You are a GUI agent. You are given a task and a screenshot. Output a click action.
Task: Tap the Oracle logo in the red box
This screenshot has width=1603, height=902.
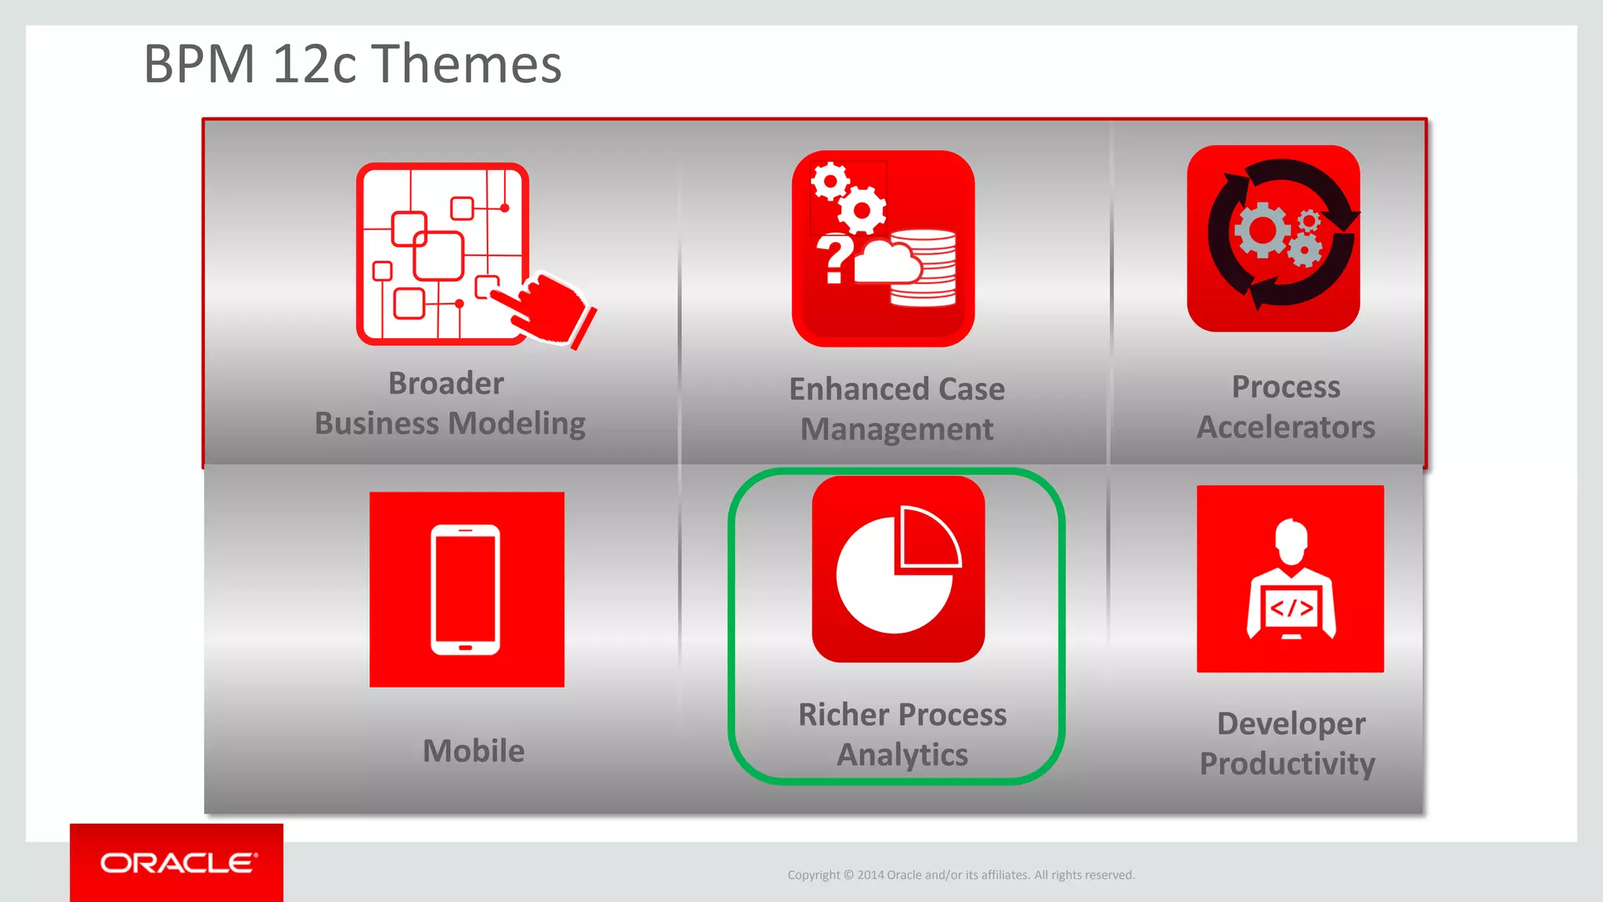pyautogui.click(x=178, y=863)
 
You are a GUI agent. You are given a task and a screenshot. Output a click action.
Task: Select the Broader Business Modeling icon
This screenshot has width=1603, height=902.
pyautogui.click(x=442, y=254)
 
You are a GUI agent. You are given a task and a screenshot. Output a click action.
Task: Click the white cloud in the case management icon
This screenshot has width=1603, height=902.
pyautogui.click(x=888, y=262)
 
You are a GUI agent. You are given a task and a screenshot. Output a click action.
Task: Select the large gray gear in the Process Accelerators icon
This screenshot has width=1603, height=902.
pyautogui.click(x=1261, y=230)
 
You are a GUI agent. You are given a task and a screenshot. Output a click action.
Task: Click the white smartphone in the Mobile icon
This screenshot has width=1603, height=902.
pyautogui.click(x=466, y=590)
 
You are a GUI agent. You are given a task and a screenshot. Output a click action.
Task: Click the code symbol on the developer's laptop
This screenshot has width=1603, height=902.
pyautogui.click(x=1291, y=608)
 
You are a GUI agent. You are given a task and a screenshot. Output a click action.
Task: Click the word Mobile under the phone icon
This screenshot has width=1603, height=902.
pyautogui.click(x=474, y=751)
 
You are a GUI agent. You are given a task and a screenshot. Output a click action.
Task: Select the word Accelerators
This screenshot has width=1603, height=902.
pyautogui.click(x=1286, y=428)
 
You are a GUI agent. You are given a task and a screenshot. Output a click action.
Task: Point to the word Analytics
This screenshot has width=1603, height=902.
pyautogui.click(x=902, y=755)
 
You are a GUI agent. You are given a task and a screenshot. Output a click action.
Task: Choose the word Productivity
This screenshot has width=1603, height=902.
pyautogui.click(x=1288, y=763)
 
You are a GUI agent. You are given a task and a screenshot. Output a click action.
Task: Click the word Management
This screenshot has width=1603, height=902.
pyautogui.click(x=897, y=429)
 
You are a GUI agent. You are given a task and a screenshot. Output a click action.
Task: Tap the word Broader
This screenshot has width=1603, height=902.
pyautogui.click(x=446, y=384)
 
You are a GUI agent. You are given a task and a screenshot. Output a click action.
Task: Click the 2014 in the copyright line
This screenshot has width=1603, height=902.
pyautogui.click(x=870, y=875)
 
